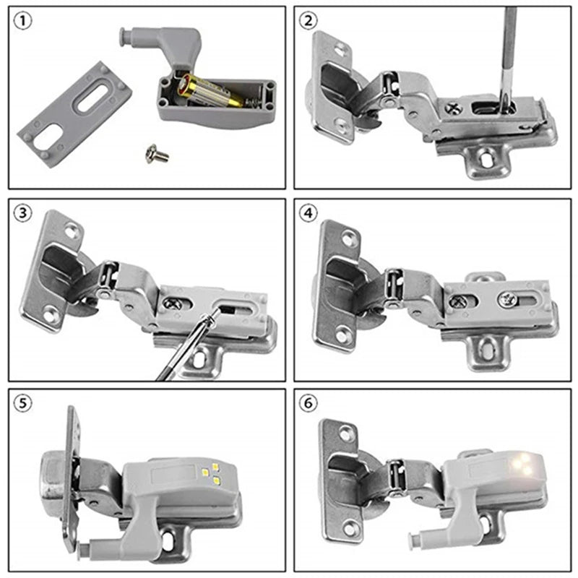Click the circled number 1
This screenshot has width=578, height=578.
point(24,22)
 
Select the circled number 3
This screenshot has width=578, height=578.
point(24,213)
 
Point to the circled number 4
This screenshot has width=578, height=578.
point(310,213)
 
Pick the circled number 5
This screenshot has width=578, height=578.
point(24,404)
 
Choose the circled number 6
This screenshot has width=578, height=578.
point(310,404)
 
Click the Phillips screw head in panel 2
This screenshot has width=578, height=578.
point(454,108)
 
